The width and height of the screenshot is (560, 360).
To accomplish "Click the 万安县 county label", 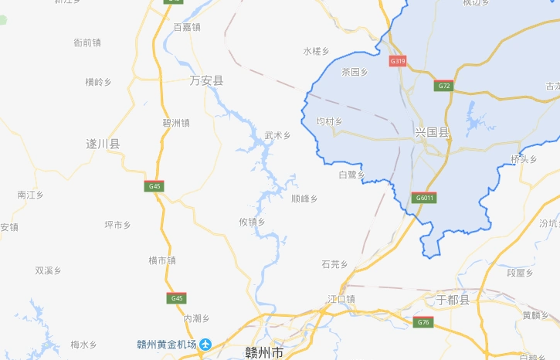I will (x=206, y=80).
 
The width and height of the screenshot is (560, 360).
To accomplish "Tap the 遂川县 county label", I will (x=103, y=144).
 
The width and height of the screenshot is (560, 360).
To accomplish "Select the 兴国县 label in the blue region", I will (x=432, y=133).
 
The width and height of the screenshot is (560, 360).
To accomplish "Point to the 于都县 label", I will (x=453, y=300).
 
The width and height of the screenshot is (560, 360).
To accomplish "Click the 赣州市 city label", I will (x=264, y=352).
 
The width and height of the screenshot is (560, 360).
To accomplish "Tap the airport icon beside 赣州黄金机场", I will (x=205, y=345).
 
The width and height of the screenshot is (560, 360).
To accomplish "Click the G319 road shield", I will (x=398, y=60).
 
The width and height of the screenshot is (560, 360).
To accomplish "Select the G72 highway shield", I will (x=443, y=86).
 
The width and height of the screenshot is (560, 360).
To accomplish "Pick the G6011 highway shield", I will (x=425, y=197).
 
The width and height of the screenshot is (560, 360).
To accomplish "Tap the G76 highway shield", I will (x=422, y=322).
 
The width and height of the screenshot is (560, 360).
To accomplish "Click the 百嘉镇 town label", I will (x=187, y=27).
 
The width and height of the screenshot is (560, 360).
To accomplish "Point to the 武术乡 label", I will (x=277, y=135).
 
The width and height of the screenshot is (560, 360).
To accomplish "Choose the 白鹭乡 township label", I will (x=351, y=175).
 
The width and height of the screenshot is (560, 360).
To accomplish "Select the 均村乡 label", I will (x=330, y=121).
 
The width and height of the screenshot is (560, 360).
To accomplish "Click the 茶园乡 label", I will (x=355, y=72).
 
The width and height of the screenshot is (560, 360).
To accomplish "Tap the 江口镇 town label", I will (x=341, y=299).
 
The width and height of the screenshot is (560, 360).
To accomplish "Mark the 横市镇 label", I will (x=162, y=260).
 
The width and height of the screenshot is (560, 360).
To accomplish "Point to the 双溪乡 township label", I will (x=48, y=270).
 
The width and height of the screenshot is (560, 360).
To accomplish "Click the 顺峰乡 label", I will (x=304, y=199).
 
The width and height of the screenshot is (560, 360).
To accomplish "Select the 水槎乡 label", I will (x=316, y=51).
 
